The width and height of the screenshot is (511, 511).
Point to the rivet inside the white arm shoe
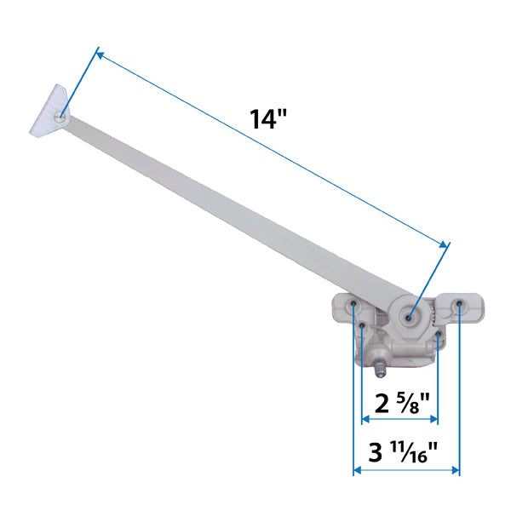click(x=60, y=118)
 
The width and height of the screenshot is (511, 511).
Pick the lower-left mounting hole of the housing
click(x=362, y=324)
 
